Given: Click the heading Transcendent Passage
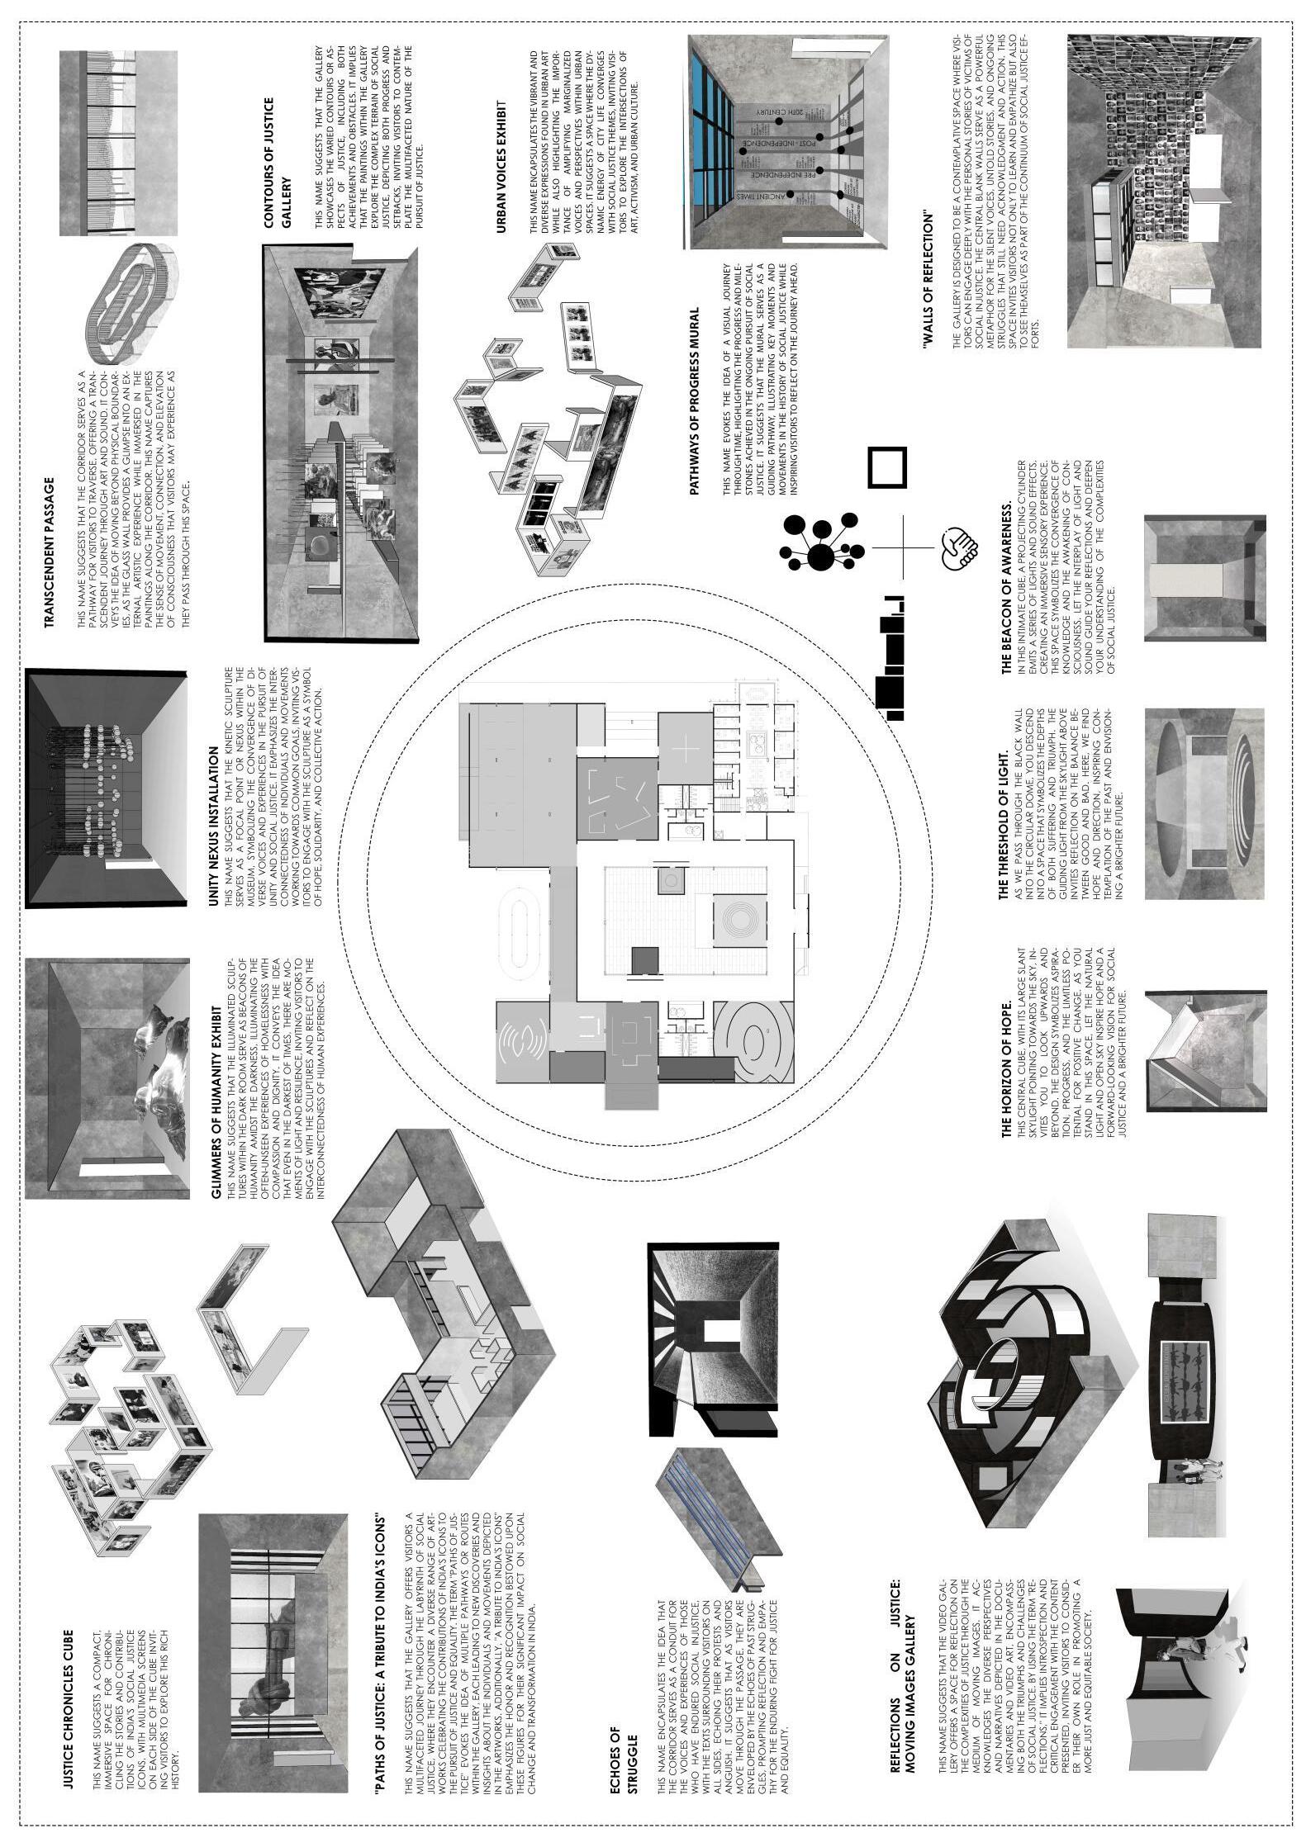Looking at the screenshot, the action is coord(50,552).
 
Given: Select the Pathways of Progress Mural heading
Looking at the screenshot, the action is coord(694,401).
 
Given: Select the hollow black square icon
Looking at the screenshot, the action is coord(886,467).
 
